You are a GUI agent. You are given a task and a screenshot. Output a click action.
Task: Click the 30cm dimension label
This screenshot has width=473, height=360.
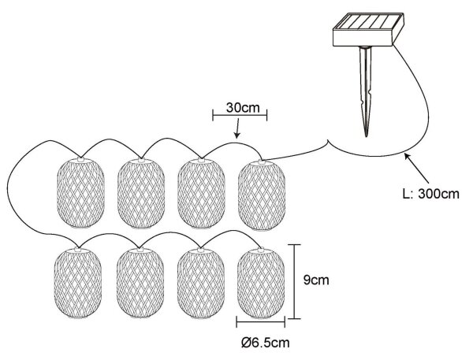243,108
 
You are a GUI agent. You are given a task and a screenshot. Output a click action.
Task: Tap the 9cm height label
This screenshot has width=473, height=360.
316,280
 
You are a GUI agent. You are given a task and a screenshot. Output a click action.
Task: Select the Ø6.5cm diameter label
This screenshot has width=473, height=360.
266,343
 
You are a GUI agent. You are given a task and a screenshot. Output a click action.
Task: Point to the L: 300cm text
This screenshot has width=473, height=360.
431,194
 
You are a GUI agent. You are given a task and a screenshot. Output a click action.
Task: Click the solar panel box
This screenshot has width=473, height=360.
368,30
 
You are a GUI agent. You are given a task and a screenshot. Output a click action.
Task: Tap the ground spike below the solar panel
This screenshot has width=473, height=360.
366,91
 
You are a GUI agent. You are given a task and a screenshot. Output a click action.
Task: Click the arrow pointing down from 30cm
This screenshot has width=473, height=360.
237,128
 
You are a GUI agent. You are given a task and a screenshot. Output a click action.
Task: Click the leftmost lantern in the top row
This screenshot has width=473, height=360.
80,193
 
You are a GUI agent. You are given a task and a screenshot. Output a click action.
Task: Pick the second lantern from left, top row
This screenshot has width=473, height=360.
141,193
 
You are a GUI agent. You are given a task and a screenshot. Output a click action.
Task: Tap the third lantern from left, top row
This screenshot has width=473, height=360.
201,194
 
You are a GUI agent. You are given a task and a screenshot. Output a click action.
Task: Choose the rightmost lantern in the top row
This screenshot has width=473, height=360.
262,195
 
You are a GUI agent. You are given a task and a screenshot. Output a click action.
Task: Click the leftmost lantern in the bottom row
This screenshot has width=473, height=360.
78,283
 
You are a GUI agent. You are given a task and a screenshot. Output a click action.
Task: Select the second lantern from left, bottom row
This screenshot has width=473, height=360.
140,284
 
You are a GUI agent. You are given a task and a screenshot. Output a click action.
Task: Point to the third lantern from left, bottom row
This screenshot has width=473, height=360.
200,284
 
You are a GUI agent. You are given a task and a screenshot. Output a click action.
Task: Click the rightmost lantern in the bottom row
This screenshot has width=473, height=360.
261,284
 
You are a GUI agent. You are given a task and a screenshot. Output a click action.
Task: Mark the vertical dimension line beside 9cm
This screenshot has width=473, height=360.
295,281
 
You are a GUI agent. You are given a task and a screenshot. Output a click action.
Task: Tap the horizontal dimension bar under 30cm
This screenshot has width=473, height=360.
240,115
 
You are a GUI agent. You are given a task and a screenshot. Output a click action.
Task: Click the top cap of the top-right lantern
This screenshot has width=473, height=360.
262,162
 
